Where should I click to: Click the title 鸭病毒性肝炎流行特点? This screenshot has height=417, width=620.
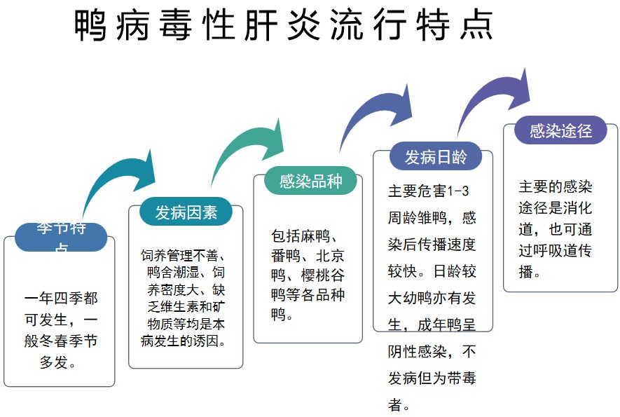tap(284, 26)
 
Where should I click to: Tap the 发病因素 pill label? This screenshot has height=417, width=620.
tap(186, 212)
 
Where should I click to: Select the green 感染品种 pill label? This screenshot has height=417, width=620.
tap(310, 181)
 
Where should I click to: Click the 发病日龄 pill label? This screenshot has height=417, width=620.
tap(435, 156)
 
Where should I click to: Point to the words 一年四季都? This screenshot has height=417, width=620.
tap(61, 299)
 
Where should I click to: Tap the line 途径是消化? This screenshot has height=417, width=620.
tap(555, 208)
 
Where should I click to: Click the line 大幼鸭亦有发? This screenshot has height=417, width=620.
tap(432, 298)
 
